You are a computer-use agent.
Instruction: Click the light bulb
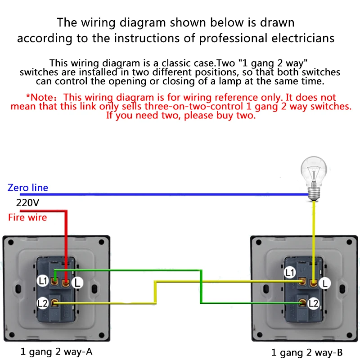pos(314,179)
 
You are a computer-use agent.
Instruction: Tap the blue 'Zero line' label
pos(28,188)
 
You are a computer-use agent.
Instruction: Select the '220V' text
pos(27,203)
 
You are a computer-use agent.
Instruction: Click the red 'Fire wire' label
pos(27,217)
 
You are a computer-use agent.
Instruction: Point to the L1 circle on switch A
pos(43,281)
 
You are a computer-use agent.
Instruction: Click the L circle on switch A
pos(77,283)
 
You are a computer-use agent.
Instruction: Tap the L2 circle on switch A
pos(43,303)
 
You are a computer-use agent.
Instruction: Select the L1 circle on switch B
pos(289,273)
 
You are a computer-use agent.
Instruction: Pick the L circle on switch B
pos(324,283)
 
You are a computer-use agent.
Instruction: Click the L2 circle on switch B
pos(313,303)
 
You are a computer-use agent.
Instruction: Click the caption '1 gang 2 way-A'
pos(56,352)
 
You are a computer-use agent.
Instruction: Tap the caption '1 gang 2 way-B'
pos(307,352)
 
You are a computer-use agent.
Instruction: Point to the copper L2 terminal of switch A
pos(54,303)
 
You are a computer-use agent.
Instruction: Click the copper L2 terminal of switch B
pos(302,303)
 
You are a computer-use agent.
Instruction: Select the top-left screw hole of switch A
pos(11,242)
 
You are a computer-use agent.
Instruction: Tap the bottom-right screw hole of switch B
pos(349,335)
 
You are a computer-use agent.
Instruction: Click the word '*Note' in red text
pos(40,97)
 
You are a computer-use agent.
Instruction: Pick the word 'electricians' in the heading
pos(303,38)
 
